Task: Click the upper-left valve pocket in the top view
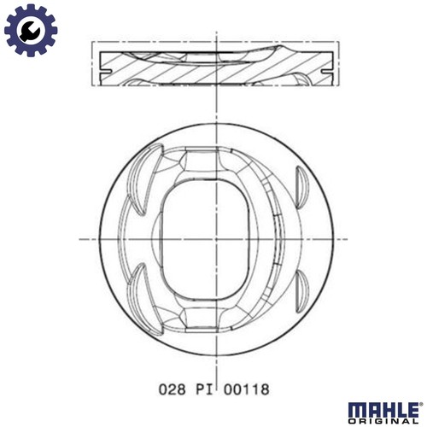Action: pyautogui.click(x=140, y=171)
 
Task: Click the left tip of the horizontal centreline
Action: pyautogui.click(x=81, y=238)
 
